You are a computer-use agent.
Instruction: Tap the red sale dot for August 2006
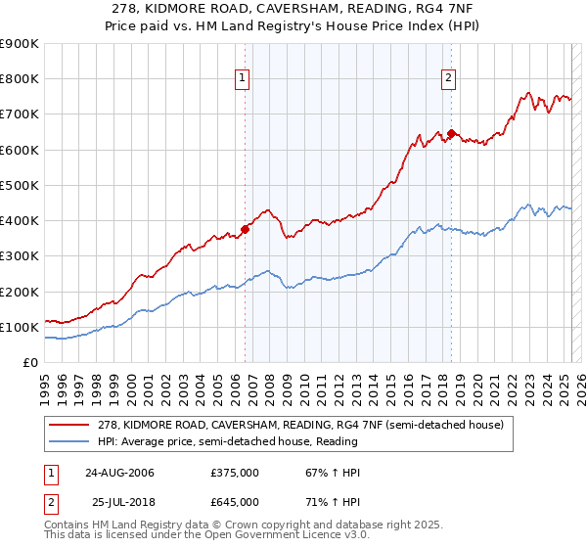(x=245, y=230)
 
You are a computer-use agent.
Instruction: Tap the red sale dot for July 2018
(x=451, y=133)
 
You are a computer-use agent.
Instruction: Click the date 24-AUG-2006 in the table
(x=119, y=473)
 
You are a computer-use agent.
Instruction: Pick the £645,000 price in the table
(x=236, y=501)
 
